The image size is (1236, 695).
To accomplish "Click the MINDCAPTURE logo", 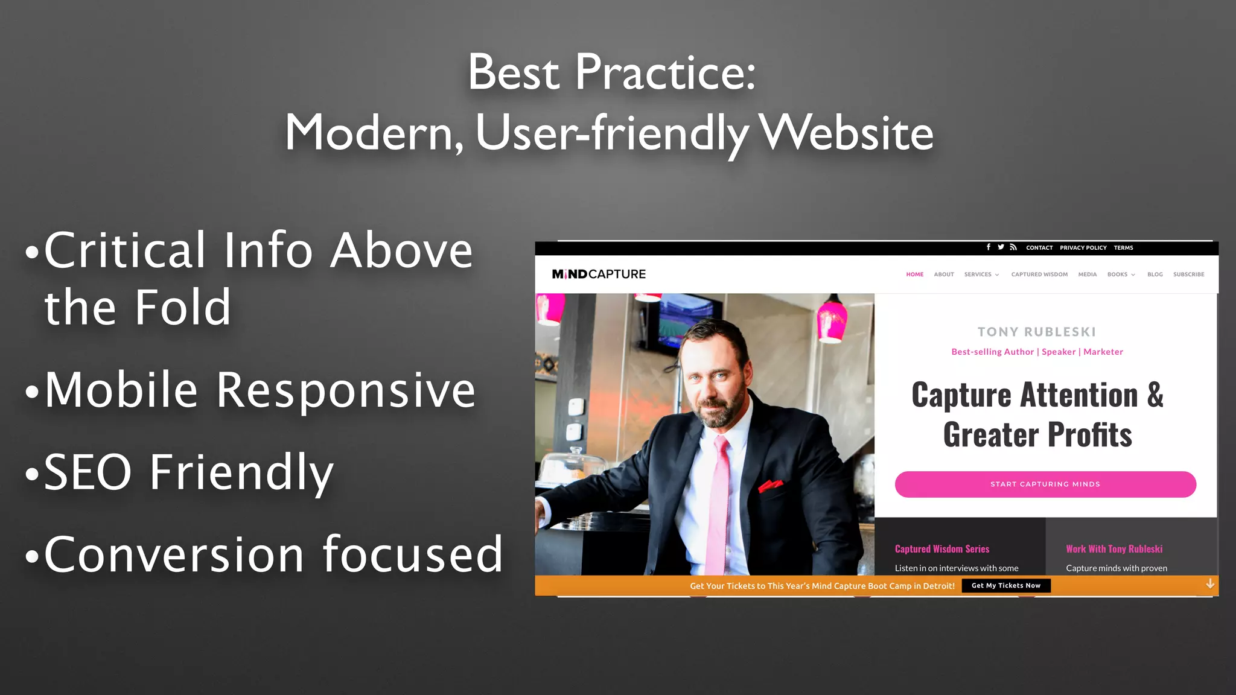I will [599, 275].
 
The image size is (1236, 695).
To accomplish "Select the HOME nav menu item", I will [914, 275].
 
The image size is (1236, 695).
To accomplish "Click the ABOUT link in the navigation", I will [943, 275].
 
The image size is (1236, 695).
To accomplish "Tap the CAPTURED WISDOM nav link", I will [1039, 275].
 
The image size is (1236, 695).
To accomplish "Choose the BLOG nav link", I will [1155, 275].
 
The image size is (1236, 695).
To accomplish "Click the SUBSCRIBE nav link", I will [1188, 275].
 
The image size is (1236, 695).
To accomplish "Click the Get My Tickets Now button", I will [1005, 586].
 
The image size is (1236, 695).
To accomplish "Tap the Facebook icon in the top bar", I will [988, 247].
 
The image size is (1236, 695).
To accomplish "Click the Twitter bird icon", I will [1001, 247].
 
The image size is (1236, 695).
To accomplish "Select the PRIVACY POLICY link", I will [1083, 248].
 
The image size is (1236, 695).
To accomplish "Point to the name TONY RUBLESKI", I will [1036, 332].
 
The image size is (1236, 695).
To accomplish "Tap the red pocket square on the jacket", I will [770, 484].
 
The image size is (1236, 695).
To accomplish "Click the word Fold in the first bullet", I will [182, 308].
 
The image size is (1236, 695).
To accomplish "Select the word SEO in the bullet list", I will [88, 472].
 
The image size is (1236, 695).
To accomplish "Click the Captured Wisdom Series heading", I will [941, 549].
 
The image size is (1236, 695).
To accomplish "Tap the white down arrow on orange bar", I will [1209, 584].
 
